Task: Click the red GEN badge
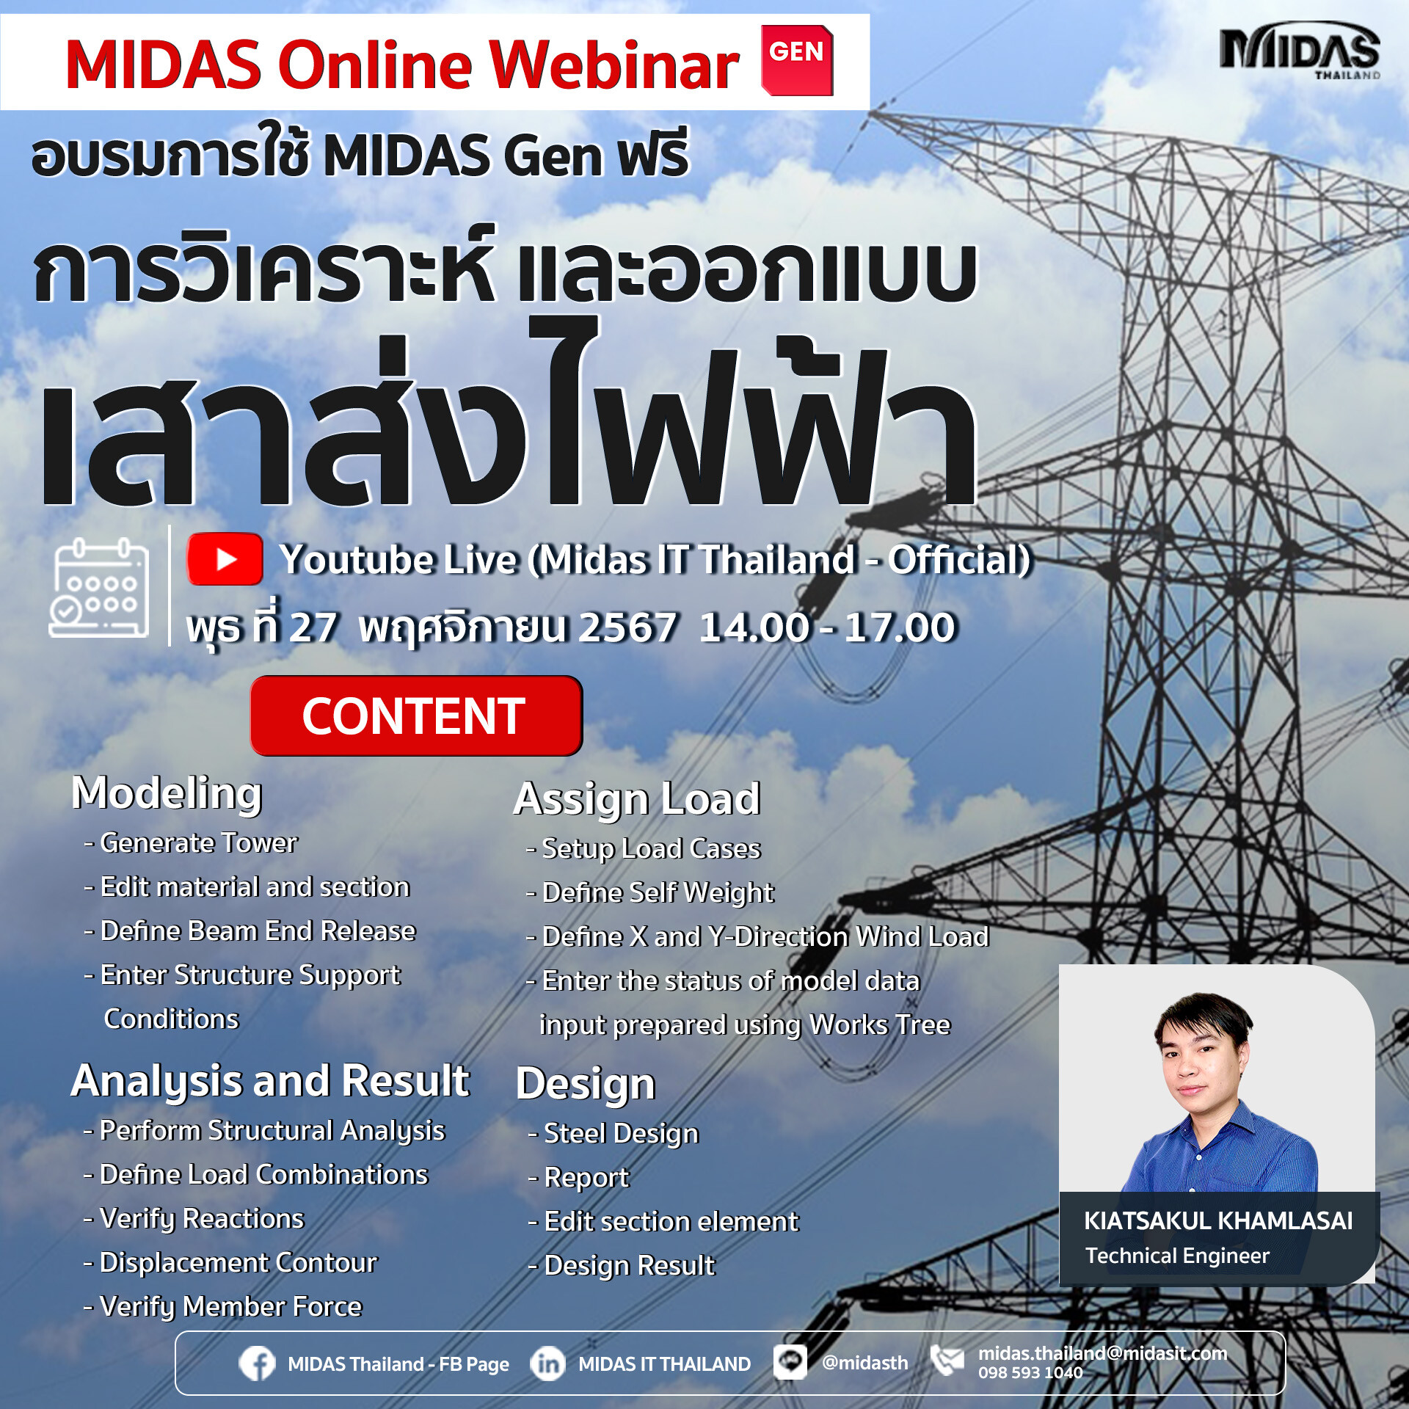click(797, 60)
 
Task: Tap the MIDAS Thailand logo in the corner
click(1300, 51)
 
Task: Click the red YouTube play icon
click(225, 559)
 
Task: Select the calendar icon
click(99, 589)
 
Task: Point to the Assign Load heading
click(636, 798)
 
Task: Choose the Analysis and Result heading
click(269, 1080)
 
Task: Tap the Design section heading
click(585, 1083)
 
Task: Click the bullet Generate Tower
click(198, 842)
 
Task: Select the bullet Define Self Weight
click(657, 892)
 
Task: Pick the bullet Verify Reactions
click(201, 1218)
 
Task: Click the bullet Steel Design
click(621, 1133)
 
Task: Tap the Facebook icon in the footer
click(257, 1364)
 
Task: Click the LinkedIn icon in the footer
click(547, 1364)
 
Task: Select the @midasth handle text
click(864, 1363)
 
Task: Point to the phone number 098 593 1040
click(1030, 1373)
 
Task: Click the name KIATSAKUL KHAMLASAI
click(1218, 1220)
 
